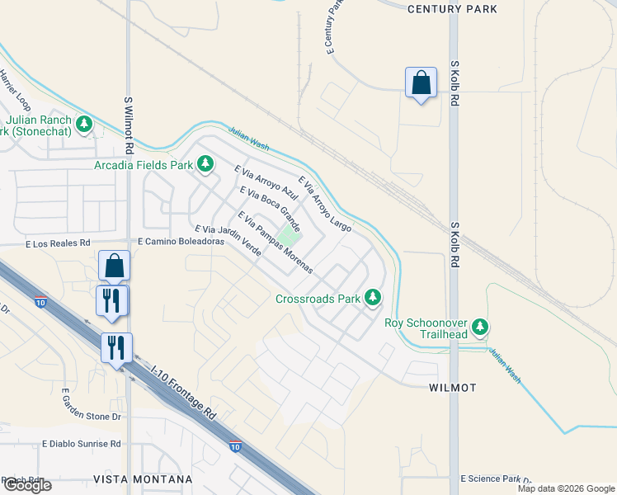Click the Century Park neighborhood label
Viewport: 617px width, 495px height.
point(453,8)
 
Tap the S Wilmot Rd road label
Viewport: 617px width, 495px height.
point(129,126)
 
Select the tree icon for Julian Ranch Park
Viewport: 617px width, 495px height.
point(83,125)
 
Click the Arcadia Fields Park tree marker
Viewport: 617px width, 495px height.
point(204,164)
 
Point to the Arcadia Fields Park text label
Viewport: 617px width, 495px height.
point(143,164)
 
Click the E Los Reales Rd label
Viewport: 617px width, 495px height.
point(58,243)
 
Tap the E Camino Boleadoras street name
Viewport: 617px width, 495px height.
point(181,242)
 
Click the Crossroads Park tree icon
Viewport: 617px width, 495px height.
point(374,297)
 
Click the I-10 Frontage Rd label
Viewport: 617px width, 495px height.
point(184,394)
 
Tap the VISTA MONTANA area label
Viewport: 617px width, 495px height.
point(143,479)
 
